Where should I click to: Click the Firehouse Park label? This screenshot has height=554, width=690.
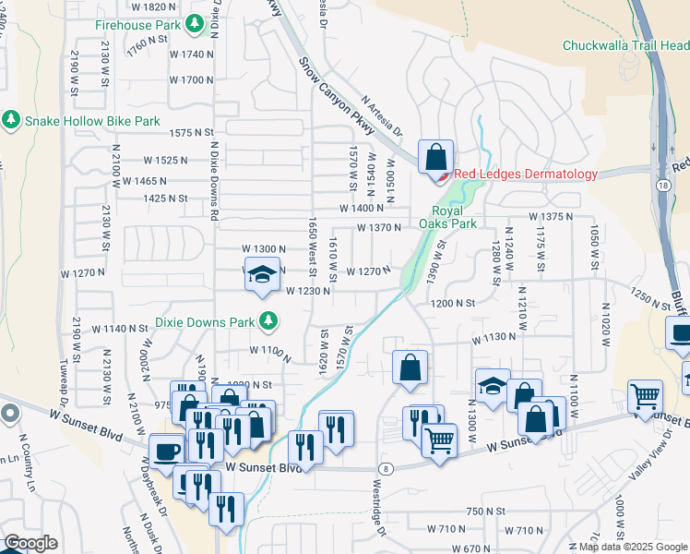pyautogui.click(x=137, y=25)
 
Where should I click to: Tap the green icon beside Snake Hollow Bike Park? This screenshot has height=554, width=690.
pyautogui.click(x=11, y=120)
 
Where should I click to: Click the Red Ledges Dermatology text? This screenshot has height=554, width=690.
pyautogui.click(x=525, y=174)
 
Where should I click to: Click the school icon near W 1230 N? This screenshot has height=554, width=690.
pyautogui.click(x=262, y=274)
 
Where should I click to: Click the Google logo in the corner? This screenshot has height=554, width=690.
pyautogui.click(x=30, y=543)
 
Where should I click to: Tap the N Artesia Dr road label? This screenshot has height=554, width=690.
pyautogui.click(x=383, y=116)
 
